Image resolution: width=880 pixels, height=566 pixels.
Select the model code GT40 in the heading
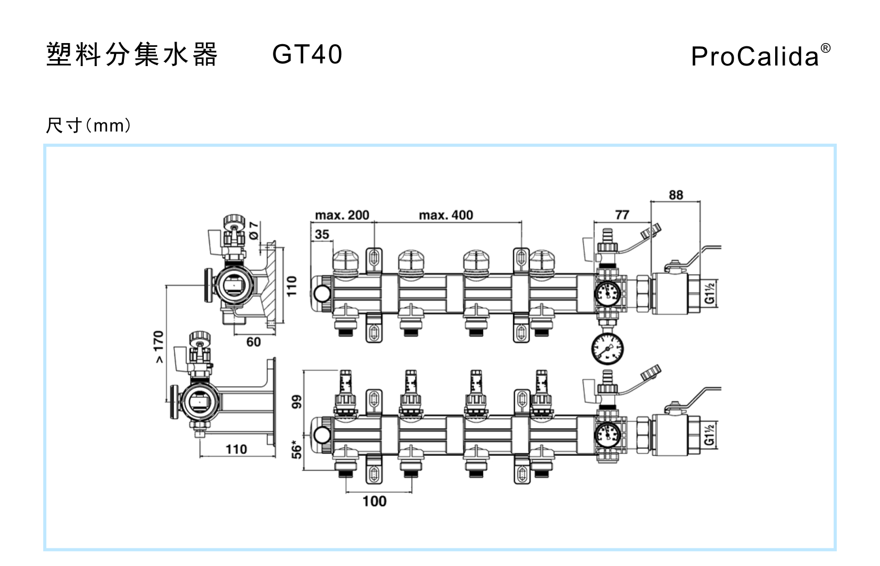(307, 54)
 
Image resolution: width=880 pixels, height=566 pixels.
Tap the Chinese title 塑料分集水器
(132, 54)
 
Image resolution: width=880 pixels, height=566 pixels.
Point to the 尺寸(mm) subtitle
(88, 126)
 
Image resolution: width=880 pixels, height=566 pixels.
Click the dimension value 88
(676, 195)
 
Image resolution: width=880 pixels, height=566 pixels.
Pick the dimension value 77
(622, 215)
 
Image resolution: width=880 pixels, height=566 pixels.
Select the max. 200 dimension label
(342, 215)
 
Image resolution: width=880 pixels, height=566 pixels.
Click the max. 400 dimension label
(446, 215)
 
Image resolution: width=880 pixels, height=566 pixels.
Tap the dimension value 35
(322, 234)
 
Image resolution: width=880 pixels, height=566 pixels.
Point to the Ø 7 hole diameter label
(254, 230)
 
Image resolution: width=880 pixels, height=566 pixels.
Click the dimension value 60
(254, 342)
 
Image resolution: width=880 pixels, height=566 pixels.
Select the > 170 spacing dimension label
(159, 347)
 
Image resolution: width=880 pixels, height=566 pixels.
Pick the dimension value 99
(296, 401)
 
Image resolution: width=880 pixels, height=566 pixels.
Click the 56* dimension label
(296, 449)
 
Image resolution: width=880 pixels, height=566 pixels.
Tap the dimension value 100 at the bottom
(375, 501)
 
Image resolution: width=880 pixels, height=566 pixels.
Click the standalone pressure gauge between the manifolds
(607, 349)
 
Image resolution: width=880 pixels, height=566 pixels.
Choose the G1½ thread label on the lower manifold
(710, 434)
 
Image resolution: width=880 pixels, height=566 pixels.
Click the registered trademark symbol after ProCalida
(825, 48)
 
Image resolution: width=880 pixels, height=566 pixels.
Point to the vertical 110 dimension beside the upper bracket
(292, 286)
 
